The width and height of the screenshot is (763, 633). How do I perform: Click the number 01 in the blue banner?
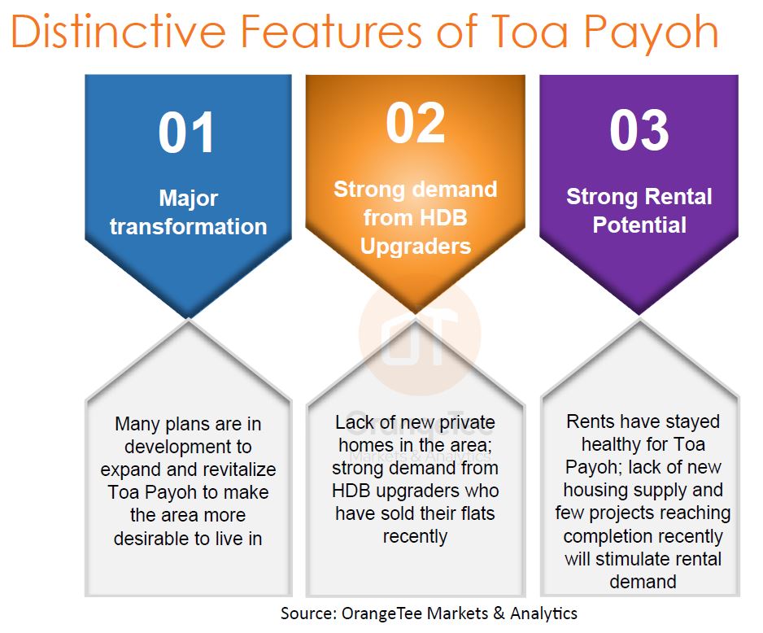[186, 133]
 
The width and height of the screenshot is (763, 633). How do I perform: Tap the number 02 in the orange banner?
[416, 123]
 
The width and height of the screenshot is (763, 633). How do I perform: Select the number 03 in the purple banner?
[639, 130]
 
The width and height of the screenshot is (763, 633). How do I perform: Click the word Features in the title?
[331, 32]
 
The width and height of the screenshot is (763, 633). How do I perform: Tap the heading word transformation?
[189, 227]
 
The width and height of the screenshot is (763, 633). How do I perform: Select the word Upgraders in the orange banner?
[416, 247]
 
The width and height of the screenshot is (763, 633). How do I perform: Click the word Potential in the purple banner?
[639, 225]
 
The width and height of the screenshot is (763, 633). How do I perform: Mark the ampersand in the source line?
[499, 613]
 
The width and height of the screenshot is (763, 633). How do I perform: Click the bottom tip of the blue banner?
[189, 318]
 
